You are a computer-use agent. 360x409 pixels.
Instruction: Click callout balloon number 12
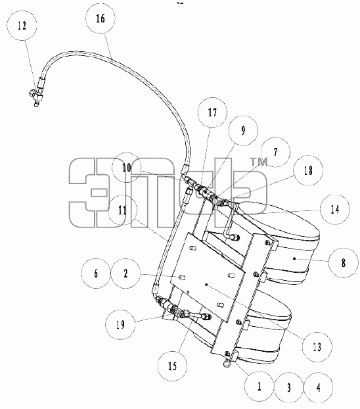point(22,26)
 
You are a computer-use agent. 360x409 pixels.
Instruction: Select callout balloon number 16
point(101,18)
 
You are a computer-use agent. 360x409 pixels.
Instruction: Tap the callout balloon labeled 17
point(212,112)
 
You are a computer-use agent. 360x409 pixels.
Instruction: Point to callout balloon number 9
point(243,130)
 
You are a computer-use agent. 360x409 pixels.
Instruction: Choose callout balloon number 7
point(275,152)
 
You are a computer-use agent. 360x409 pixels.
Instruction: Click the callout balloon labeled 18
point(308,170)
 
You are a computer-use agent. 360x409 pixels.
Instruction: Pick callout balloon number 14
point(335,209)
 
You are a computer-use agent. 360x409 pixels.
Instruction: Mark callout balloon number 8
point(344,262)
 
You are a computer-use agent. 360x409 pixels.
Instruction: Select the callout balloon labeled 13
point(317,347)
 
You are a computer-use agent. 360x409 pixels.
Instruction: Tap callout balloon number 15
point(172,366)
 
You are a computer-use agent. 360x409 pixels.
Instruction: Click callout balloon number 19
point(120,324)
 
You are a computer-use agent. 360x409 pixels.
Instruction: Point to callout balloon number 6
point(96,274)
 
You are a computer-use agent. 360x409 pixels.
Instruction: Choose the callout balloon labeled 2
point(125,274)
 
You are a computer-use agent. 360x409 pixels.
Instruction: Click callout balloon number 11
point(122,210)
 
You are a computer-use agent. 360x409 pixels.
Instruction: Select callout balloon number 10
point(127,168)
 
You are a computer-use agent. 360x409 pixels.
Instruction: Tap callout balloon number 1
point(259,386)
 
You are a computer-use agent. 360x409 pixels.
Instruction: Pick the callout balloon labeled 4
point(319,388)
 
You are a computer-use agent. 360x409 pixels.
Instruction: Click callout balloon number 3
point(289,387)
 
